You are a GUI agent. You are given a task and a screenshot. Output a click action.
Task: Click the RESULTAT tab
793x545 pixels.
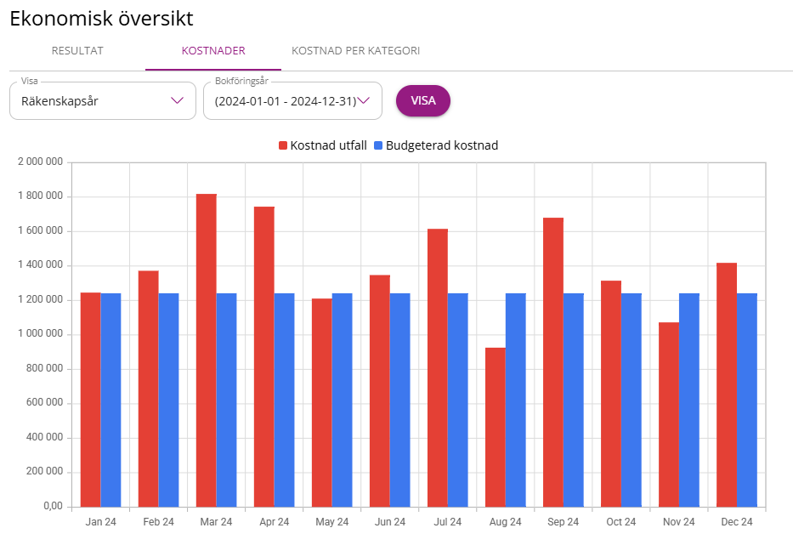pyautogui.click(x=77, y=51)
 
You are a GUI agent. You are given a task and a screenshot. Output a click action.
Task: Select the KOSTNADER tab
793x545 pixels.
pyautogui.click(x=213, y=51)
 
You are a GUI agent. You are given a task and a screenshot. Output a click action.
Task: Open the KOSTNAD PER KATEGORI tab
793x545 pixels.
pyautogui.click(x=355, y=51)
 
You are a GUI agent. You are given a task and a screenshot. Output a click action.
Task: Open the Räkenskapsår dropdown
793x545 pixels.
pyautogui.click(x=102, y=101)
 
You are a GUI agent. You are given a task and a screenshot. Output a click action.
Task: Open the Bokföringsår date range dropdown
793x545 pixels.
pyautogui.click(x=292, y=101)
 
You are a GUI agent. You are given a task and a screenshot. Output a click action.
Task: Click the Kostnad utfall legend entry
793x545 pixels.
pyautogui.click(x=323, y=145)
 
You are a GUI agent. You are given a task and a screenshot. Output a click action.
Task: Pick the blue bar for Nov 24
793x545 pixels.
pyautogui.click(x=689, y=400)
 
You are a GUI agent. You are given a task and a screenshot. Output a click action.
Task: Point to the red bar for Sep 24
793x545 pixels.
pyautogui.click(x=553, y=362)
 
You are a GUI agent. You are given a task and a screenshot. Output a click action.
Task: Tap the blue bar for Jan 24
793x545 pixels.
pyautogui.click(x=111, y=400)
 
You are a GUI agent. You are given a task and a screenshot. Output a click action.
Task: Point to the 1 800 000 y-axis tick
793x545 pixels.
pyautogui.click(x=41, y=196)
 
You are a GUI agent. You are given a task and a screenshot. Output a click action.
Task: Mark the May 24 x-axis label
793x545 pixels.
pyautogui.click(x=331, y=521)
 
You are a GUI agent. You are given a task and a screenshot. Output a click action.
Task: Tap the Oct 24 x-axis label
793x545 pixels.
pyautogui.click(x=620, y=521)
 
